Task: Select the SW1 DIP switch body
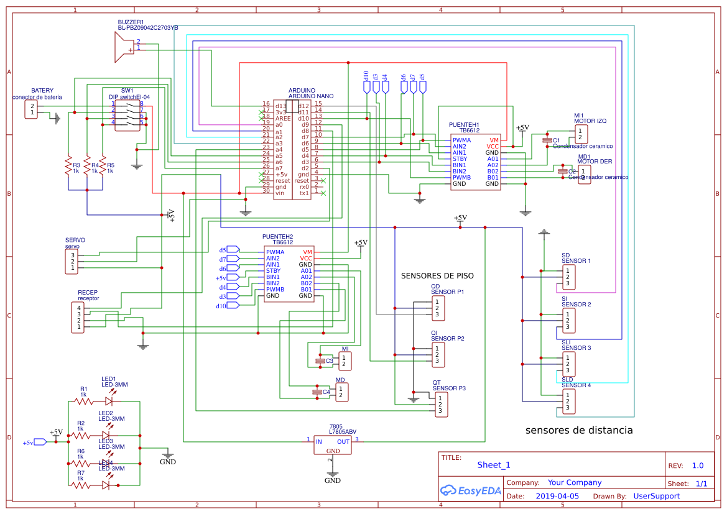[127, 113]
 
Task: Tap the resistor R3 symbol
[68, 166]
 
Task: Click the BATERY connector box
[30, 109]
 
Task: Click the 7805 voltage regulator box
[332, 444]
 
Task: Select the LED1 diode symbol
[109, 402]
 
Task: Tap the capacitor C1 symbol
[547, 141]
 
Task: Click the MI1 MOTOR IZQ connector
[580, 134]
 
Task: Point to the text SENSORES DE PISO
[437, 276]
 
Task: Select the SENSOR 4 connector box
[568, 402]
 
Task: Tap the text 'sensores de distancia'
[579, 430]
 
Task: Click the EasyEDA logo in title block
[470, 490]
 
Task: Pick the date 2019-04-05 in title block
[557, 496]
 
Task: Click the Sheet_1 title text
[494, 465]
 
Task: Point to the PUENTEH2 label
[277, 237]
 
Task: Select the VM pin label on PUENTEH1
[494, 140]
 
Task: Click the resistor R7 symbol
[81, 485]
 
